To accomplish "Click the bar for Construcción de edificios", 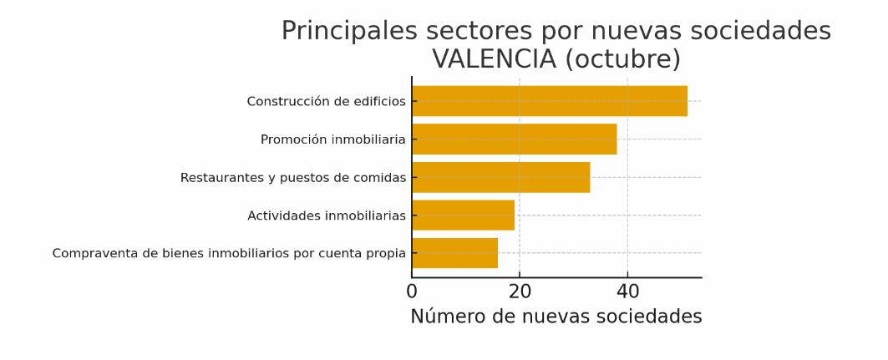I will (x=549, y=101).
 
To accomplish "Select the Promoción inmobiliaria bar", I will (x=514, y=139).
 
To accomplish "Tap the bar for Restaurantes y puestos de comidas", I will (x=500, y=177).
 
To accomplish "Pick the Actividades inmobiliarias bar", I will (x=463, y=215).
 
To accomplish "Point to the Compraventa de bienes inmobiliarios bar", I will (x=454, y=253).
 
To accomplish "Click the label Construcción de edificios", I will (x=326, y=102).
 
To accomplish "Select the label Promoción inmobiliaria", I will (x=332, y=139).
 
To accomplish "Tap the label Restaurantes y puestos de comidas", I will (x=292, y=178).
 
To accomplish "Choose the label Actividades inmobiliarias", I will (x=326, y=215).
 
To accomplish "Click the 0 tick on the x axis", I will (x=412, y=292).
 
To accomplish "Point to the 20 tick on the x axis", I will (x=520, y=292).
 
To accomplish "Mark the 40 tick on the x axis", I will (x=627, y=292).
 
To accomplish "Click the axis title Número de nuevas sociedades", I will (x=556, y=317).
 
